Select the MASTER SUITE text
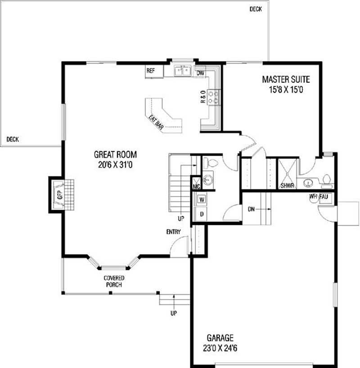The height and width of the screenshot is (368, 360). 286,80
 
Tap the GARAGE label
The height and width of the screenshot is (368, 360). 220,337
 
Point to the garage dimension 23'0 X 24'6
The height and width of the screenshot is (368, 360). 220,348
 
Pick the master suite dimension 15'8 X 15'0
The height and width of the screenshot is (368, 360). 286,90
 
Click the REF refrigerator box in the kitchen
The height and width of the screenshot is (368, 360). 151,71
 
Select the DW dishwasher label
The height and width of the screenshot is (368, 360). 201,73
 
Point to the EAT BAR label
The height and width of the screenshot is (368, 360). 156,123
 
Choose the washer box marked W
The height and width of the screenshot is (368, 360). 202,199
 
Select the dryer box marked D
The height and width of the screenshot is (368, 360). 202,214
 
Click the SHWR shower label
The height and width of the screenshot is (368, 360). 286,185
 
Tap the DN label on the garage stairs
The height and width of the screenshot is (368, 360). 252,209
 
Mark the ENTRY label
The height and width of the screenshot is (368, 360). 173,232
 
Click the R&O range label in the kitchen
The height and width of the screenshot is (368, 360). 203,97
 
